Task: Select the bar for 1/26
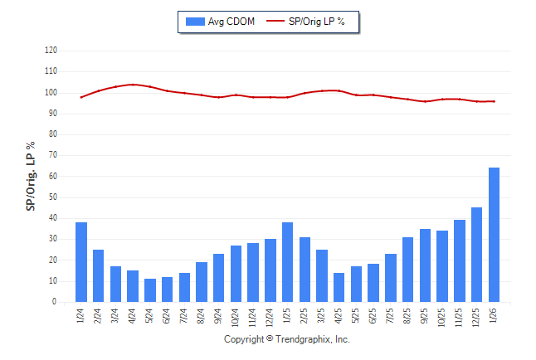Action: [x=494, y=235]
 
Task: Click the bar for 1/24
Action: [x=81, y=262]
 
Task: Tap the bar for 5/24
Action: [x=150, y=290]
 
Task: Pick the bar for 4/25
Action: [x=339, y=287]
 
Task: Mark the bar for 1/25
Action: [x=287, y=262]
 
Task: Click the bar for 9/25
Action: [x=425, y=265]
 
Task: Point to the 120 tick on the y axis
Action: [x=51, y=51]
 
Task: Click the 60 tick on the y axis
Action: [x=52, y=177]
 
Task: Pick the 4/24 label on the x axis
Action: [x=134, y=315]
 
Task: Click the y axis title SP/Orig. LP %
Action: [x=31, y=176]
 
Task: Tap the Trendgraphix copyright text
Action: [x=287, y=339]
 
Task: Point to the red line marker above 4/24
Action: [x=133, y=85]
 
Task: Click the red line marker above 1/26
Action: [x=494, y=101]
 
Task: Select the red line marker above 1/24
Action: [x=81, y=97]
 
